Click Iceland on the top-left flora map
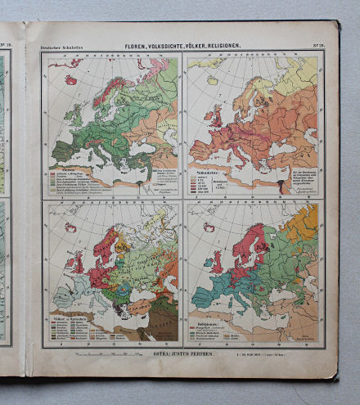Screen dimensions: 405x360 point(72,80)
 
